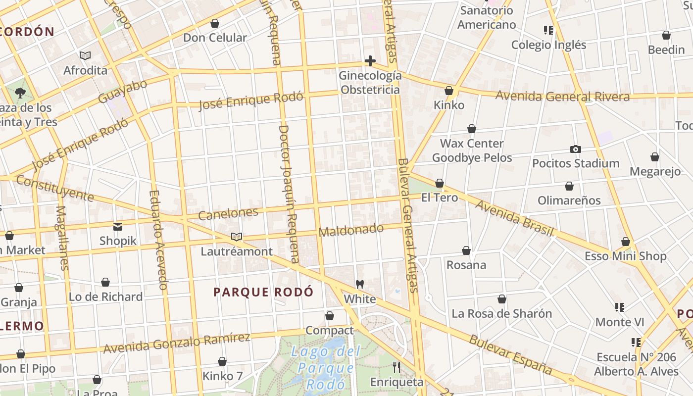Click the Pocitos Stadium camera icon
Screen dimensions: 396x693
coord(575,149)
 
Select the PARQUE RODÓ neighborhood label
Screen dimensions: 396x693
coord(263,292)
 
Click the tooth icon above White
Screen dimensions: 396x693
coord(360,285)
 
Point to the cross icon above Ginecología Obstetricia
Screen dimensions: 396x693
coord(370,61)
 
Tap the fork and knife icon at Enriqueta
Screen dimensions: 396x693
coord(396,367)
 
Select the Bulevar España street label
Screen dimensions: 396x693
coord(510,355)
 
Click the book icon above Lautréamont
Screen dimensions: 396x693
coord(237,237)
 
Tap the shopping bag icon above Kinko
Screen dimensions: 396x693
coord(449,91)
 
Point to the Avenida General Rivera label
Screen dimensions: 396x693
coord(562,96)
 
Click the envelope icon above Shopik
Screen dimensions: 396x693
coord(118,227)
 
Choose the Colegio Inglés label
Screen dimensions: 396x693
coord(548,45)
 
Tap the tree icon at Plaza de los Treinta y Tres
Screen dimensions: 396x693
coord(20,92)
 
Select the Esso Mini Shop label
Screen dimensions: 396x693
coord(625,256)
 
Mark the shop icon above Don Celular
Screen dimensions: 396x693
coord(215,23)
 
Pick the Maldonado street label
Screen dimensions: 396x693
coord(351,230)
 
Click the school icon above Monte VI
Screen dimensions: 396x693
coord(619,307)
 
